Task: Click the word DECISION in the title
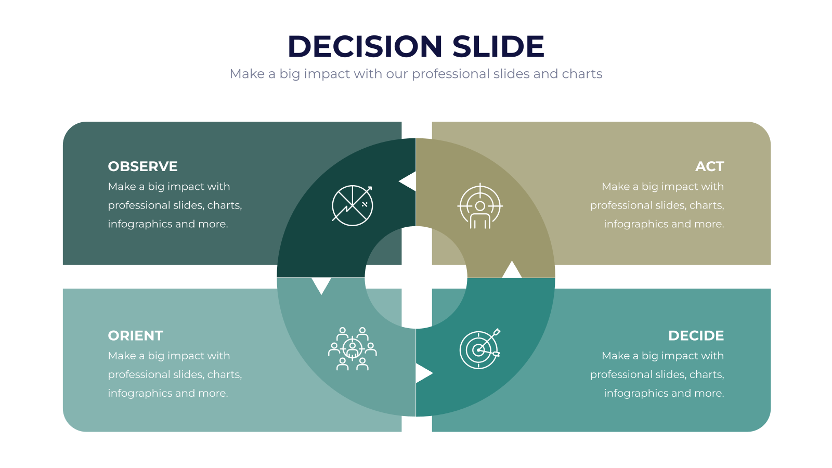click(365, 46)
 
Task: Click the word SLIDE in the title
click(498, 46)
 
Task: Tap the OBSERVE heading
click(142, 166)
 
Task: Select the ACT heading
click(709, 166)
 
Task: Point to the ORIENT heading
click(136, 336)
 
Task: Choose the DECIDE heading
click(696, 336)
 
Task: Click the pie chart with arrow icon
click(352, 205)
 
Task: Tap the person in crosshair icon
click(480, 206)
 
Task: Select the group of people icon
click(352, 349)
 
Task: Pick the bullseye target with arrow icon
click(479, 349)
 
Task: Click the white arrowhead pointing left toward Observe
click(408, 181)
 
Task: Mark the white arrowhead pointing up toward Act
click(512, 269)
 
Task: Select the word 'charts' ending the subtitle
click(582, 73)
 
